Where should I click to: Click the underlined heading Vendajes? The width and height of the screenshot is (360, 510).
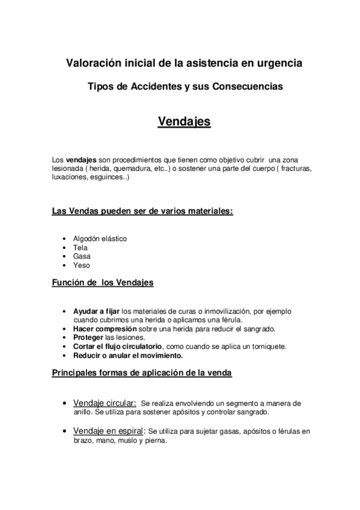point(184,121)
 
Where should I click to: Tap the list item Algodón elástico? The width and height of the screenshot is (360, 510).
point(100,238)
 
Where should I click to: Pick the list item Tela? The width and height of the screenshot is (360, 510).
point(80,247)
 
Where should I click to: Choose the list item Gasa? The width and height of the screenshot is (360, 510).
point(82,256)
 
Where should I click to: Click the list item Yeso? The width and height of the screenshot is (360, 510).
point(82,265)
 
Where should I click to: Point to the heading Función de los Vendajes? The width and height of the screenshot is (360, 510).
point(103,282)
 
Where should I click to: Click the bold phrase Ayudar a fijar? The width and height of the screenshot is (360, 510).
point(96,312)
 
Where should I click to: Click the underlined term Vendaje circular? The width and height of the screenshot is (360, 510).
point(105,402)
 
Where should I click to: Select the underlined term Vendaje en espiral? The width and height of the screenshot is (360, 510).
point(109,431)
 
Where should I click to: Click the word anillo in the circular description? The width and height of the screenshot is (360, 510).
point(83,412)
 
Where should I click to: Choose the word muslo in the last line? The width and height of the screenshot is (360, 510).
point(127,440)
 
